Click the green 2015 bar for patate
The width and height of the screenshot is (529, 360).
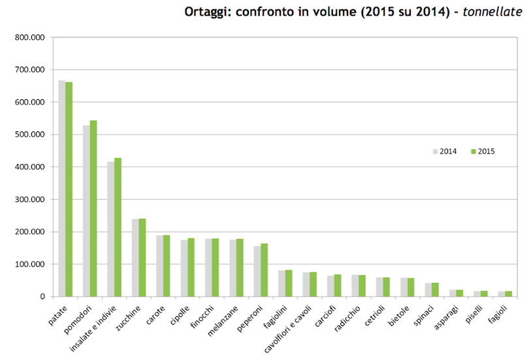coord(69,189)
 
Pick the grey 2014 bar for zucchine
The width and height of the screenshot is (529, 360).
coord(135,258)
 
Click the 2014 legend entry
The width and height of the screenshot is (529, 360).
coord(444,151)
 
